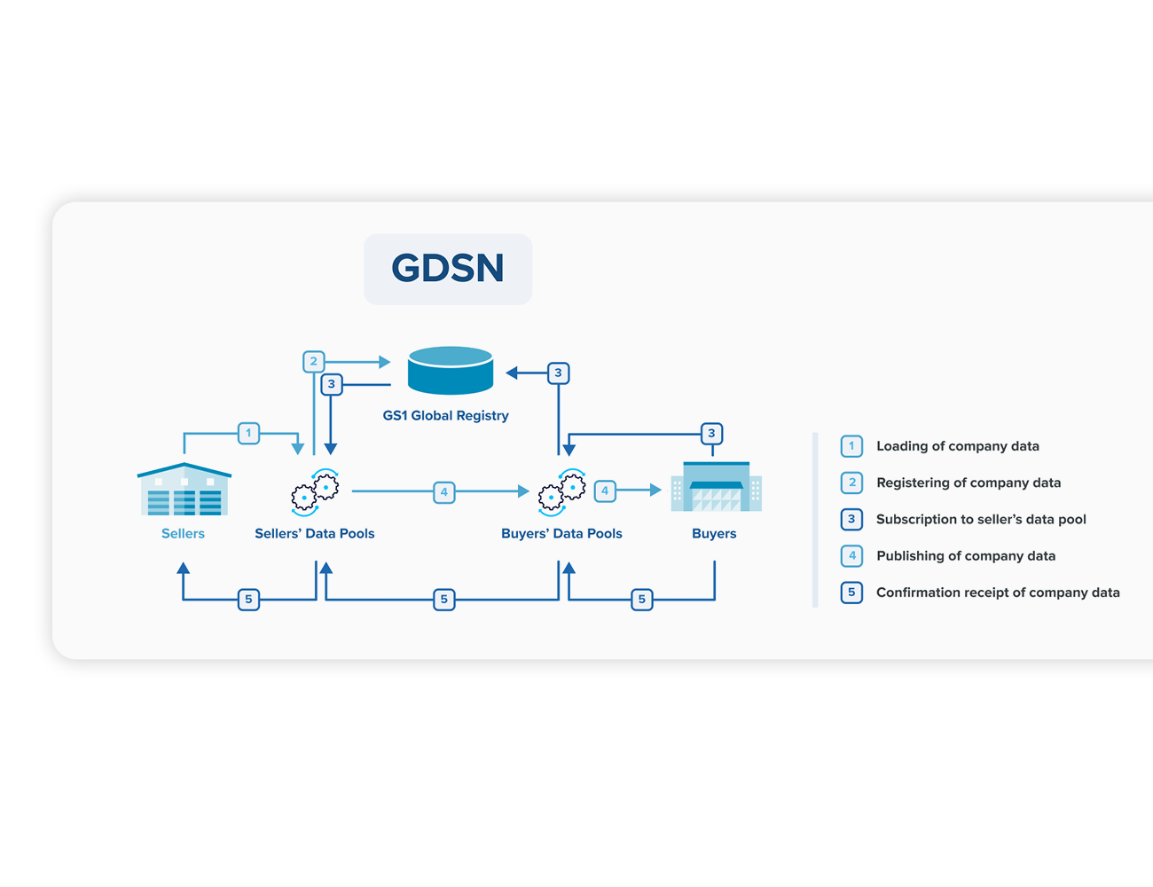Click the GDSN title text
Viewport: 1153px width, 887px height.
click(x=447, y=267)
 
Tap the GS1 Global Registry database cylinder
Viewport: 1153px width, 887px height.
click(x=450, y=370)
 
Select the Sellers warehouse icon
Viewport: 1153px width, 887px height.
click(x=184, y=489)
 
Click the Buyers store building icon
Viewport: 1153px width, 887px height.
click(x=717, y=486)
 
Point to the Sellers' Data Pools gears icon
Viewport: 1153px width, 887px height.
click(x=315, y=492)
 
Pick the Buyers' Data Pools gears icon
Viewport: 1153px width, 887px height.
click(x=562, y=492)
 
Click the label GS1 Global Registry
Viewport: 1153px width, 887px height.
click(x=446, y=415)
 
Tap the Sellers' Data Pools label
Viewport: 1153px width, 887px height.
click(x=315, y=533)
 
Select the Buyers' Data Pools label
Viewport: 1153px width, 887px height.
click(x=561, y=533)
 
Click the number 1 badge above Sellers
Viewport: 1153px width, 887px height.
click(x=248, y=433)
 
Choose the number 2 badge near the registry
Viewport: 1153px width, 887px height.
click(x=314, y=361)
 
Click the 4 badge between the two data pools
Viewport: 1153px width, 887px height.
click(x=444, y=491)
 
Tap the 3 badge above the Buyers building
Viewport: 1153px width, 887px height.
click(x=711, y=434)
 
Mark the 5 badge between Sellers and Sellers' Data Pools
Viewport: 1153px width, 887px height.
click(x=248, y=600)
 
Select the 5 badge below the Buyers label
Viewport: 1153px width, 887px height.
click(x=642, y=600)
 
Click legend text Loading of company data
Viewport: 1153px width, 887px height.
click(x=958, y=446)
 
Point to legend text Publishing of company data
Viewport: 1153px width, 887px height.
click(x=966, y=556)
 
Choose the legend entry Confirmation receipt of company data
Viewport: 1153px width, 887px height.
click(x=998, y=593)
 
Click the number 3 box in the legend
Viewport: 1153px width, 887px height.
click(x=851, y=520)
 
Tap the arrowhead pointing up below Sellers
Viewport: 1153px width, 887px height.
click(x=183, y=569)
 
